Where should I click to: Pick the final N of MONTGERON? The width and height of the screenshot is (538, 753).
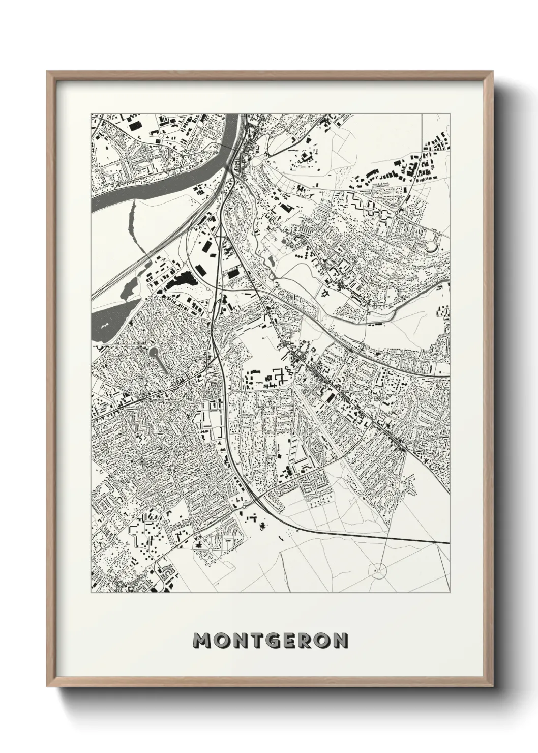click(339, 641)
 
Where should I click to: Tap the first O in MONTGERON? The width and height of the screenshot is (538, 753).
click(220, 641)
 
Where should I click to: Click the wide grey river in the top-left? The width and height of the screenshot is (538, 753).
click(153, 178)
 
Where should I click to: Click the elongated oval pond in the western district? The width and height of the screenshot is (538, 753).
click(158, 359)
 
